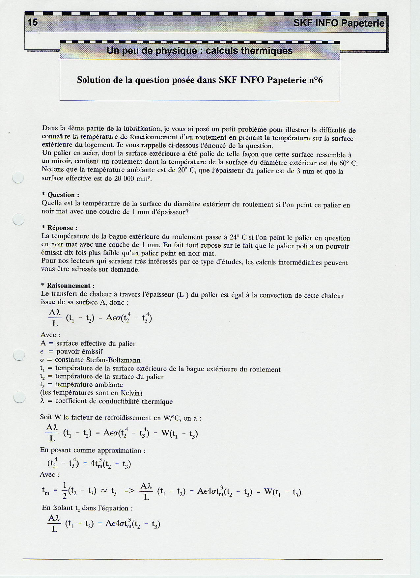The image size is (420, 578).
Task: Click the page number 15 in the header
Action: click(33, 22)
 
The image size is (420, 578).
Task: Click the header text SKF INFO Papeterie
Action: click(339, 23)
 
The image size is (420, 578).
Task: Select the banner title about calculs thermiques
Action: click(200, 51)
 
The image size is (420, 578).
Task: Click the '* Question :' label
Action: click(61, 195)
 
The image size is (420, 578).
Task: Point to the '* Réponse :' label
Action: click(60, 228)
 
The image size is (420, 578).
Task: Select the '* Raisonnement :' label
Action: click(68, 286)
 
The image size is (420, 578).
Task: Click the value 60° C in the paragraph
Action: click(348, 163)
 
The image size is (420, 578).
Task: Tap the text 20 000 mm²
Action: click(132, 179)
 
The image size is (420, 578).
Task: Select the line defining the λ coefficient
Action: click(106, 401)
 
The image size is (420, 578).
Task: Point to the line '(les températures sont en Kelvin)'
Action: click(91, 393)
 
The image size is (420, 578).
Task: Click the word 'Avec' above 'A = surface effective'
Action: click(50, 335)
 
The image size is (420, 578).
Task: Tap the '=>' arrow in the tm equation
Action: click(130, 491)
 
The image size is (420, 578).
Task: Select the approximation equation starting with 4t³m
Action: click(89, 463)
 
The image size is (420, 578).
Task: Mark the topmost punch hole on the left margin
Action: click(18, 178)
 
